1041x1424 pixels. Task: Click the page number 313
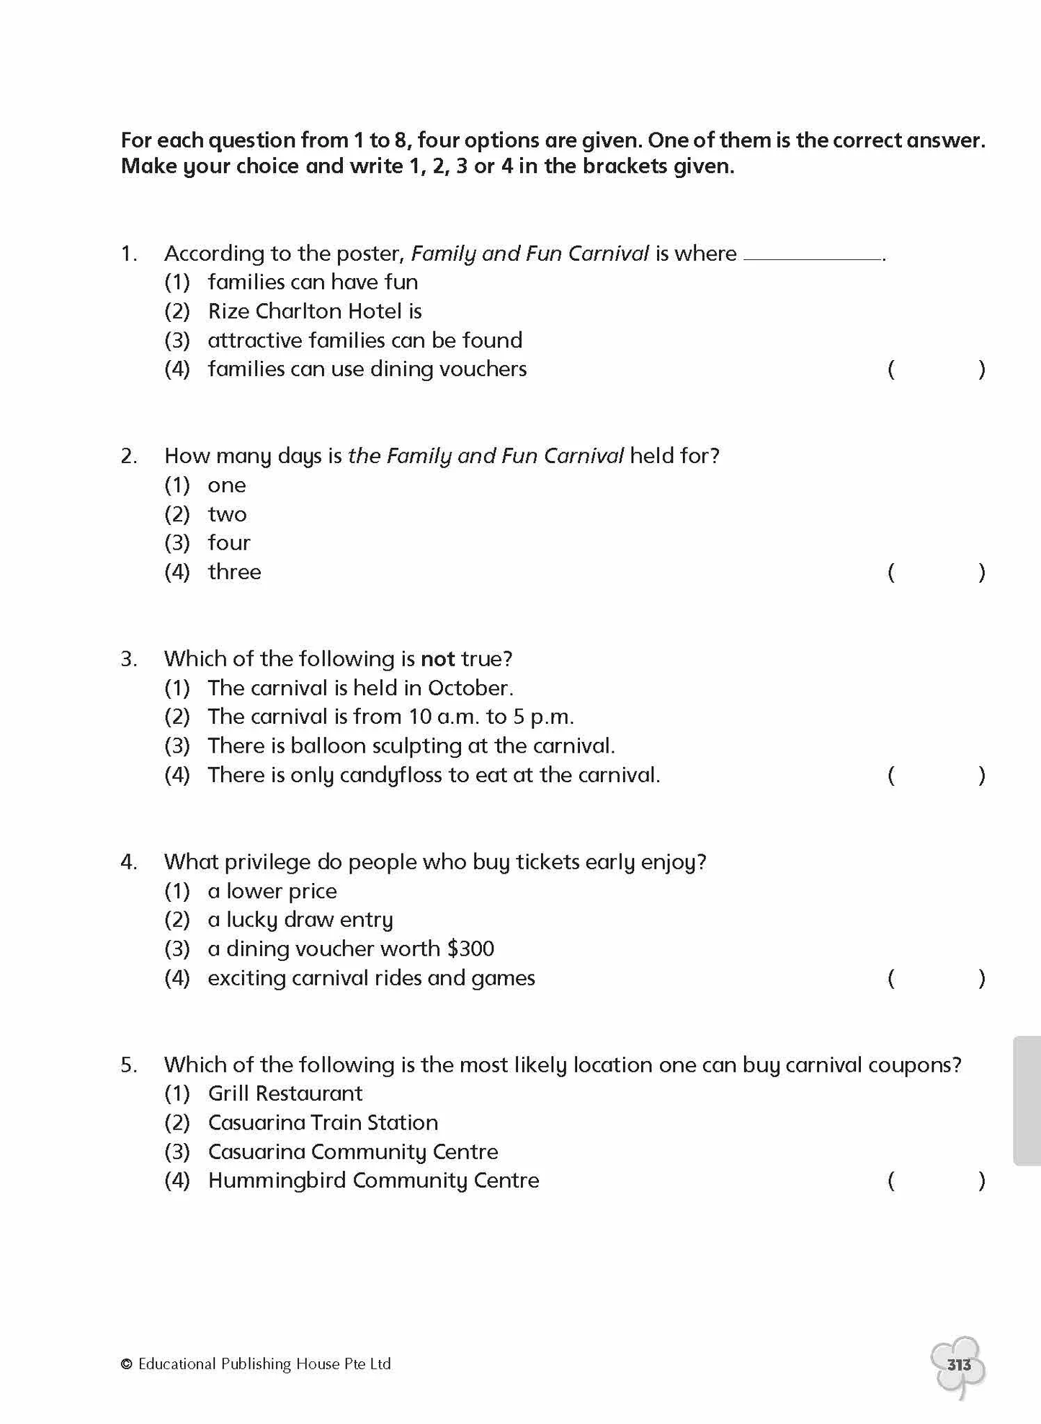coord(959,1364)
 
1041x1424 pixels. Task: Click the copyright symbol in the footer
coord(127,1364)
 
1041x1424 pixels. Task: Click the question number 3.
coord(129,659)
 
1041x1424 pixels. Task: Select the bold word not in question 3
coord(437,659)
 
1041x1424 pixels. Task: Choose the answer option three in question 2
coord(234,572)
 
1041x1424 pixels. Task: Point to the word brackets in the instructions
coord(632,166)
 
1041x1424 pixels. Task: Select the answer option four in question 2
coord(229,542)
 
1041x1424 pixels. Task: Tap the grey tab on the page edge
coord(1027,1101)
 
